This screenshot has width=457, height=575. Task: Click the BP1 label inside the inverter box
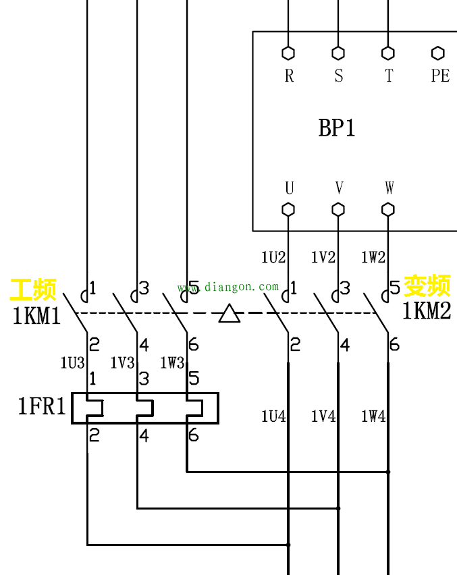337,128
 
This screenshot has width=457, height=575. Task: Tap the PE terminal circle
437,53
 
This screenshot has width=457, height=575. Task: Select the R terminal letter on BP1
289,76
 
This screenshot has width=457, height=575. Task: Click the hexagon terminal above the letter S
338,53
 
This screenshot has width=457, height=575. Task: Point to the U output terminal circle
288,209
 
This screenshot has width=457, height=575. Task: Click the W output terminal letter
389,188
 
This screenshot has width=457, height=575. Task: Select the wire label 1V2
323,257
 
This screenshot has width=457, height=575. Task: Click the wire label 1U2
273,257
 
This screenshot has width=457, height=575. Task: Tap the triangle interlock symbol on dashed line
230,314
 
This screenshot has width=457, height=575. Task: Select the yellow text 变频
427,286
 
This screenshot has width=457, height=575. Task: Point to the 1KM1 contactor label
36,315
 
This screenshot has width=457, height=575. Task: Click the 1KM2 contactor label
427,311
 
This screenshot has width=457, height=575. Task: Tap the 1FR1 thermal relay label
42,406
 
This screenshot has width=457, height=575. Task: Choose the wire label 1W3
172,363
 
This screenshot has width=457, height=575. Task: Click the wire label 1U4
273,416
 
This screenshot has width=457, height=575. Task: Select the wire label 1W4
373,416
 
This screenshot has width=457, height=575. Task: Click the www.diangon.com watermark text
228,287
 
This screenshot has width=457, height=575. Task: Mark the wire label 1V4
323,416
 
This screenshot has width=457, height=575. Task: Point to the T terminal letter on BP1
389,76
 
